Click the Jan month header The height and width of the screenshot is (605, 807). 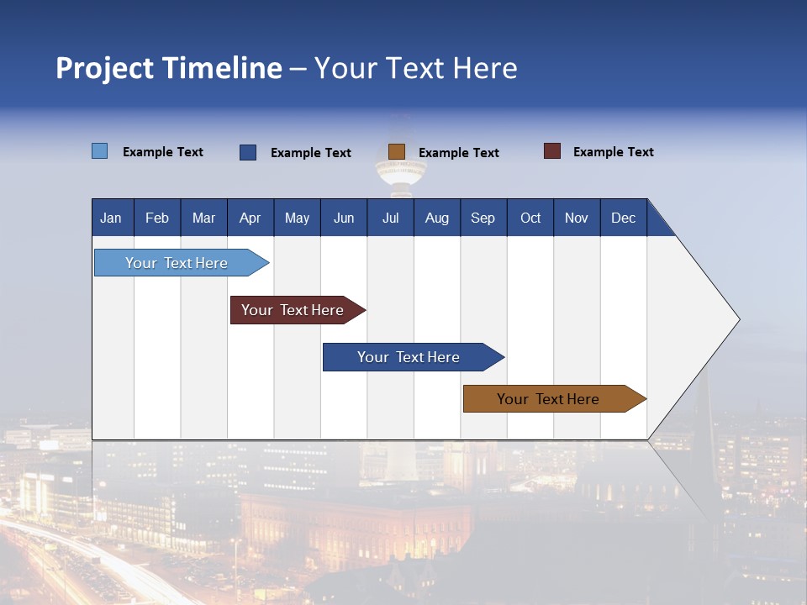112,218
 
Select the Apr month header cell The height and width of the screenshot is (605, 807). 251,218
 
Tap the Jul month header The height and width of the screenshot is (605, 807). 390,218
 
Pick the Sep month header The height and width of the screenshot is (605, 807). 483,218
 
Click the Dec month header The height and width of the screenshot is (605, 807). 623,218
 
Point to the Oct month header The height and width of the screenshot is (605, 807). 530,218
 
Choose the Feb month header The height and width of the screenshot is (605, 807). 157,218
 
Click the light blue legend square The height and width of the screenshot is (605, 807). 100,151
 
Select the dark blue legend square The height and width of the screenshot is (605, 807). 248,152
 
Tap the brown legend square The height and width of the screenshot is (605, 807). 397,151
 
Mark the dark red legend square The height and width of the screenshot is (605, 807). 552,151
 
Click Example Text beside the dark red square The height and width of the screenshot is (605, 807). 613,152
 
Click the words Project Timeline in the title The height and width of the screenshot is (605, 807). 169,68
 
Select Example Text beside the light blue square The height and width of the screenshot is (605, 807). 163,152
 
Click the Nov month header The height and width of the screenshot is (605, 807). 577,218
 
